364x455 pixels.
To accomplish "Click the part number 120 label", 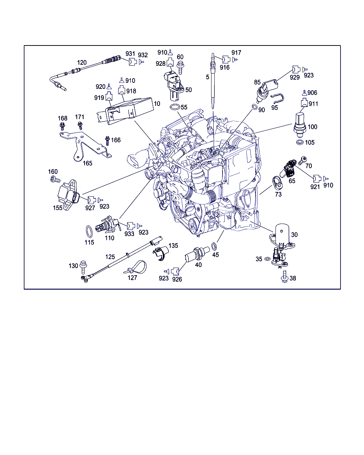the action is [82, 63].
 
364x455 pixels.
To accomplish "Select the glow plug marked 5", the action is [213, 81].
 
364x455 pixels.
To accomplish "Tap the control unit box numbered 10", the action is [125, 111].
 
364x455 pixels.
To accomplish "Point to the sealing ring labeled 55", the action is [175, 107].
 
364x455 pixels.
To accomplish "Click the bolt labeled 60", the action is [180, 68].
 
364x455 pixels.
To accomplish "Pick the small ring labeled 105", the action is [300, 142].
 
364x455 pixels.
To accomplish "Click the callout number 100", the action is [312, 127].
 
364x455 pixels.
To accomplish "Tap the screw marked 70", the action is [303, 161].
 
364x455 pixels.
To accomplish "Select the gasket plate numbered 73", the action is [277, 183].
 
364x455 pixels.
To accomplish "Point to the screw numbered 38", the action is [284, 276].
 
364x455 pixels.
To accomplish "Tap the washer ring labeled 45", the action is [214, 246].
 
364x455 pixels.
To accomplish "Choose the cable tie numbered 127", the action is [135, 267].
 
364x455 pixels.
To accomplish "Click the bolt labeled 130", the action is [83, 267].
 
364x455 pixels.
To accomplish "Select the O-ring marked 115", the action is [89, 232].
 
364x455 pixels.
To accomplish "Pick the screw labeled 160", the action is [55, 180].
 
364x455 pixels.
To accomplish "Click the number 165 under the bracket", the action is [87, 163].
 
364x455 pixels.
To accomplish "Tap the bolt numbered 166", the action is [107, 141].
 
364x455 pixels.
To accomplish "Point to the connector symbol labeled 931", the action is [133, 61].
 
